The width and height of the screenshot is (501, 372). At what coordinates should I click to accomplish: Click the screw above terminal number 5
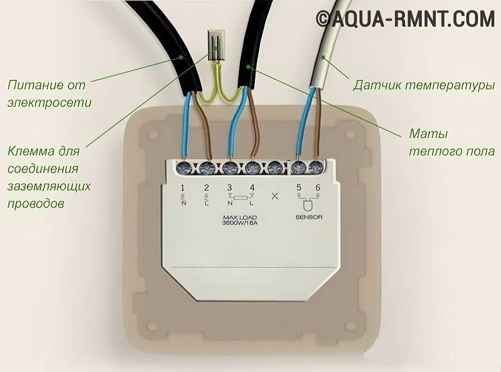pyautogui.click(x=297, y=167)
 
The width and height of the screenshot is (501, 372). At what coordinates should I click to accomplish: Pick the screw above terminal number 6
pyautogui.click(x=316, y=167)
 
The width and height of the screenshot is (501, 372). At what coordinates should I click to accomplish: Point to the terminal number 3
pyautogui.click(x=229, y=188)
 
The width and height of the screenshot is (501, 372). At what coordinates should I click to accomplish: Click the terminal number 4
pyautogui.click(x=252, y=188)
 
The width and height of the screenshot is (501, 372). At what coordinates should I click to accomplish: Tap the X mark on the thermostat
pyautogui.click(x=274, y=195)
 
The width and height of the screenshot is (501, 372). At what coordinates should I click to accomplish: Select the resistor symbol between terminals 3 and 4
pyautogui.click(x=241, y=198)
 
